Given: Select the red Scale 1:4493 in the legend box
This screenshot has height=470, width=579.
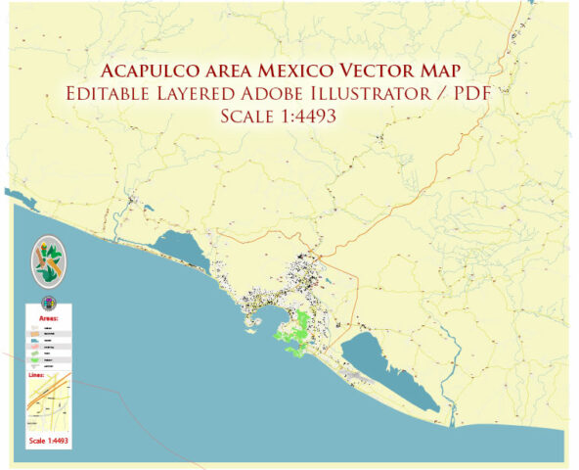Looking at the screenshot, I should click(49, 440).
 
